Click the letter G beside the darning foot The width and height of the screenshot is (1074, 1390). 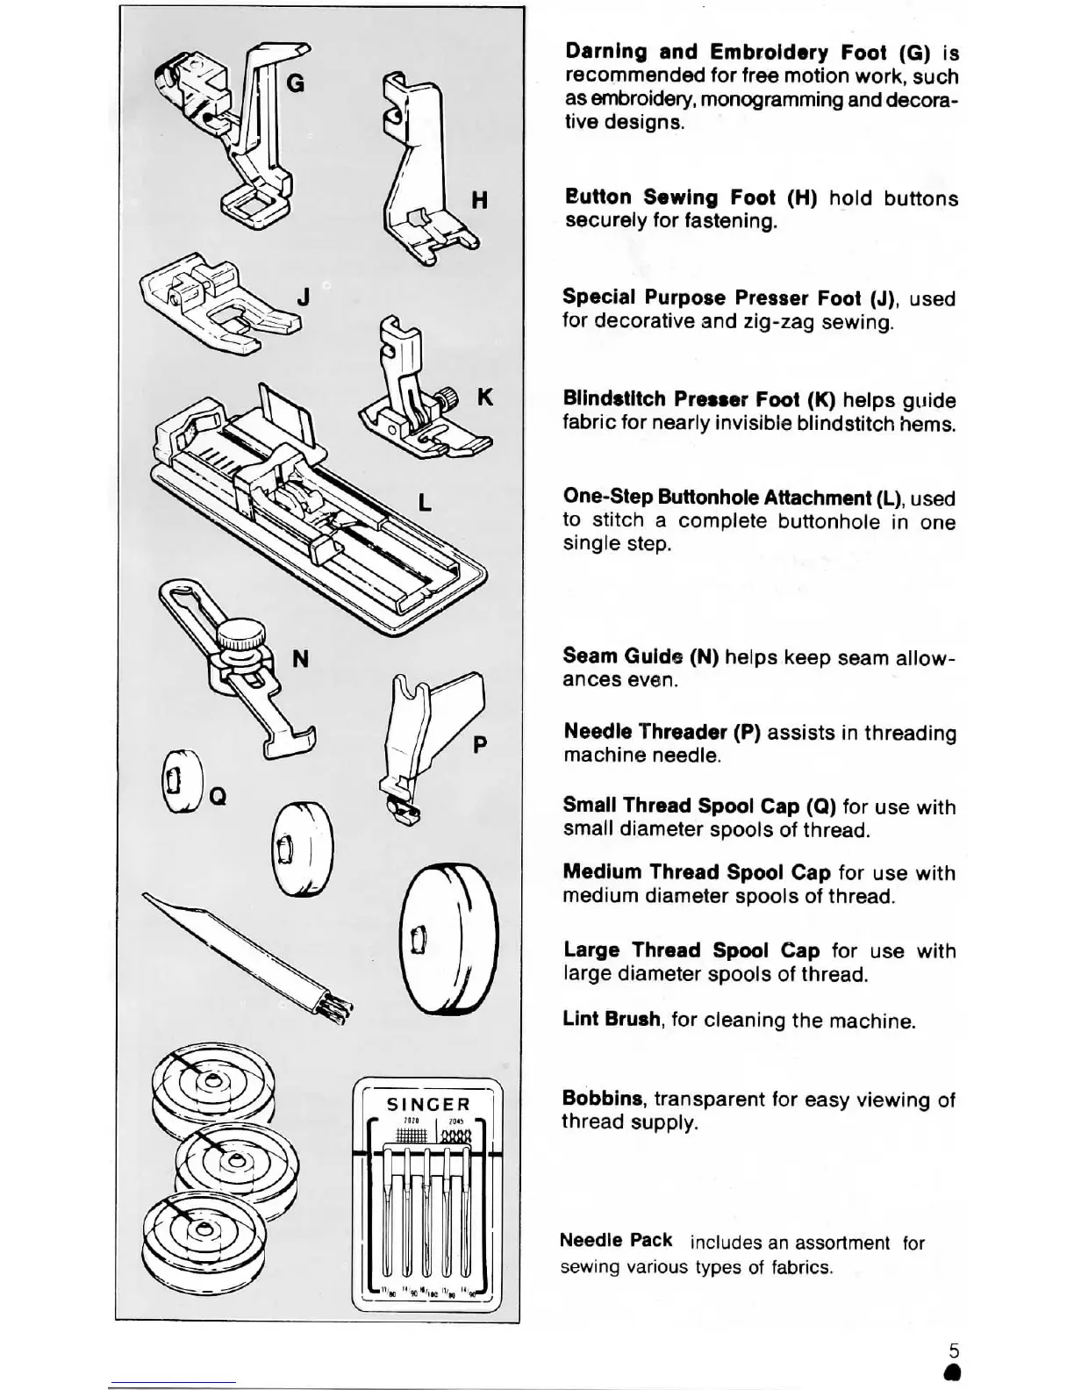click(x=296, y=83)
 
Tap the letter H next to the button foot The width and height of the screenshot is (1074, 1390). click(x=479, y=201)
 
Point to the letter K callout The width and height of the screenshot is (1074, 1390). click(x=484, y=398)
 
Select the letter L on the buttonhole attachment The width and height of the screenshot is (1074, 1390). click(x=425, y=503)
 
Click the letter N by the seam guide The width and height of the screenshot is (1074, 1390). click(x=300, y=658)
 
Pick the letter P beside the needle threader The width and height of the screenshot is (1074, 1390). click(x=479, y=746)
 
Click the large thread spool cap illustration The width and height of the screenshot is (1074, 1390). click(x=447, y=939)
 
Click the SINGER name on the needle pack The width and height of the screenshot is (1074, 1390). click(x=428, y=1105)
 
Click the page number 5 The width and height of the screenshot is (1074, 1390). click(x=954, y=1351)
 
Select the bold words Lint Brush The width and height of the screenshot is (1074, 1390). click(x=612, y=1020)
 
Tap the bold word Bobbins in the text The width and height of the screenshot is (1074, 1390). click(x=603, y=1099)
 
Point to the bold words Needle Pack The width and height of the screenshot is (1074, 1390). click(x=616, y=1240)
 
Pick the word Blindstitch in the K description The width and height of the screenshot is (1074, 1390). click(x=614, y=399)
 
